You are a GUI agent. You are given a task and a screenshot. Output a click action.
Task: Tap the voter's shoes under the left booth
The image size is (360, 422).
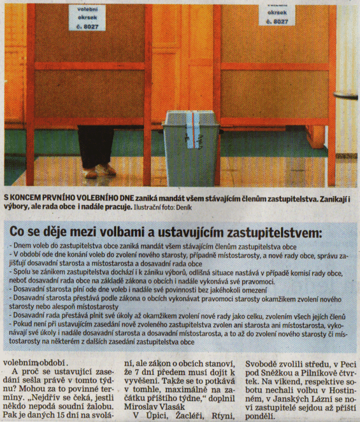tap(99, 172)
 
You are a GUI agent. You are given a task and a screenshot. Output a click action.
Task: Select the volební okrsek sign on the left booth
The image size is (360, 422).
tap(87, 17)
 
